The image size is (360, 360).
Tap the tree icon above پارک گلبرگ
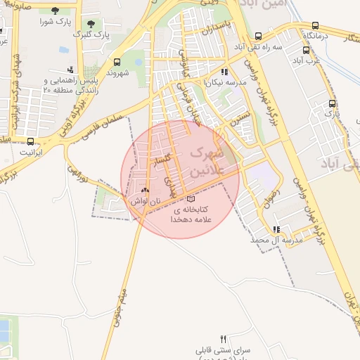point(89,22)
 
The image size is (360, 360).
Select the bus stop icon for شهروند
point(116,62)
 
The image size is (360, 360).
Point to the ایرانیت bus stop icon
point(30,140)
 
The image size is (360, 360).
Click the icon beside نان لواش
point(146,190)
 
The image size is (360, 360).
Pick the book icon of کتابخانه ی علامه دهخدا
point(191,199)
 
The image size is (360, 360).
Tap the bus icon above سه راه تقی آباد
point(258,36)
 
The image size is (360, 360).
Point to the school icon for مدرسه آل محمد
point(277,229)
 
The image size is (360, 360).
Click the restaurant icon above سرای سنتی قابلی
point(224,338)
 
